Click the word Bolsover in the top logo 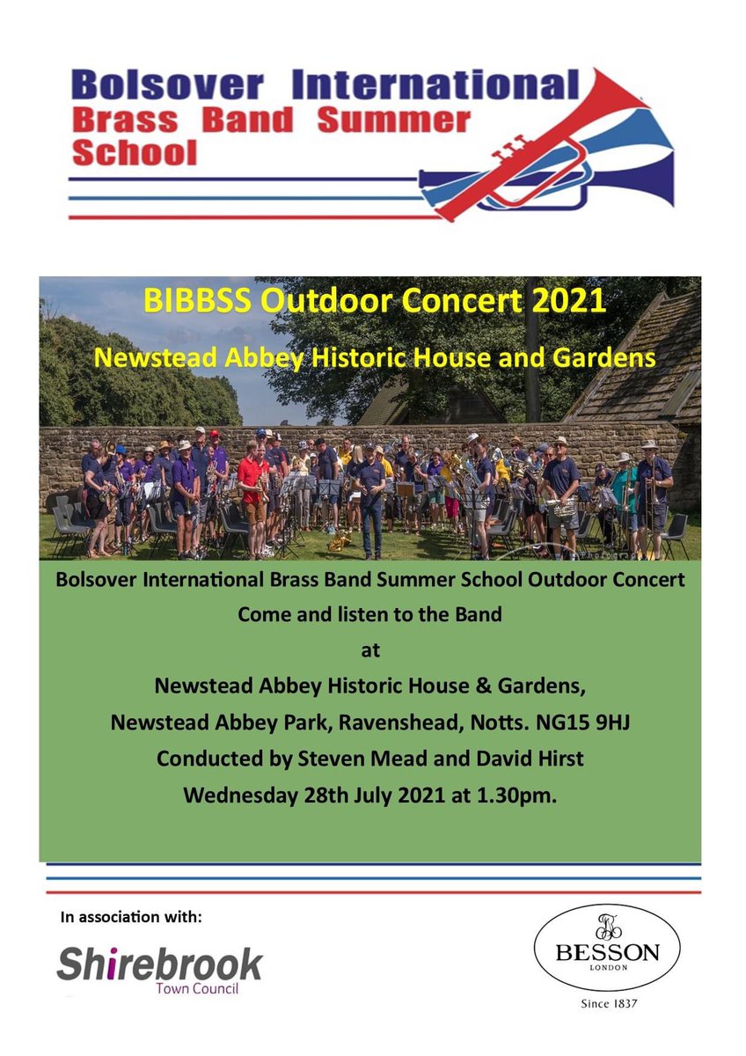pos(166,86)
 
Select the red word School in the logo pos(134,153)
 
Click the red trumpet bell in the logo pos(607,97)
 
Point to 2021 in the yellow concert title pos(563,302)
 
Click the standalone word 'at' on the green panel pos(369,651)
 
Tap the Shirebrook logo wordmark pos(159,964)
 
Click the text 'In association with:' pos(131,918)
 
